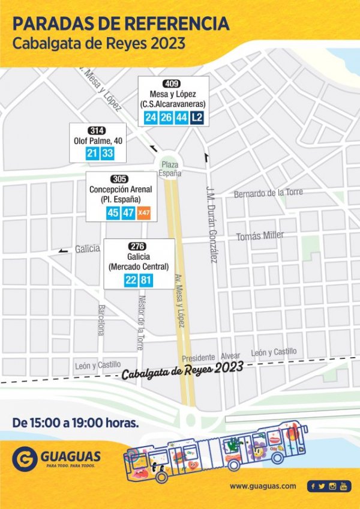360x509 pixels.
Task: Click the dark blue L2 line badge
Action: [x=197, y=118]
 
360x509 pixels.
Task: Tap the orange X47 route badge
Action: [x=143, y=213]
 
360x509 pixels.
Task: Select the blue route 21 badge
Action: [x=92, y=154]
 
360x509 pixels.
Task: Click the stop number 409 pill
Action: [x=174, y=83]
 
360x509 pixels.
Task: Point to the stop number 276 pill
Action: [x=139, y=246]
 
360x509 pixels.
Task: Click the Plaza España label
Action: [x=170, y=169]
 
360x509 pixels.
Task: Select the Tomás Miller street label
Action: [x=260, y=236]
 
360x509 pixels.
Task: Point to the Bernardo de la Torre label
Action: [x=268, y=193]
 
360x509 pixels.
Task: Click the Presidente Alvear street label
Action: [x=220, y=356]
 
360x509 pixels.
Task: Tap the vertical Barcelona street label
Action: [x=101, y=319]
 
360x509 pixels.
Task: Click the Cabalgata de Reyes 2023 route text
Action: [x=182, y=370]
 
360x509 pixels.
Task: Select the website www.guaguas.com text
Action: [x=263, y=486]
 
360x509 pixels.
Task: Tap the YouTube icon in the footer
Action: [x=343, y=486]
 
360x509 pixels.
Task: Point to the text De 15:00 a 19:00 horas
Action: [x=76, y=422]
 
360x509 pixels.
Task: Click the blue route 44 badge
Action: [x=181, y=118]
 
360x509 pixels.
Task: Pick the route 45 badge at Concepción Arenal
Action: [x=112, y=213]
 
